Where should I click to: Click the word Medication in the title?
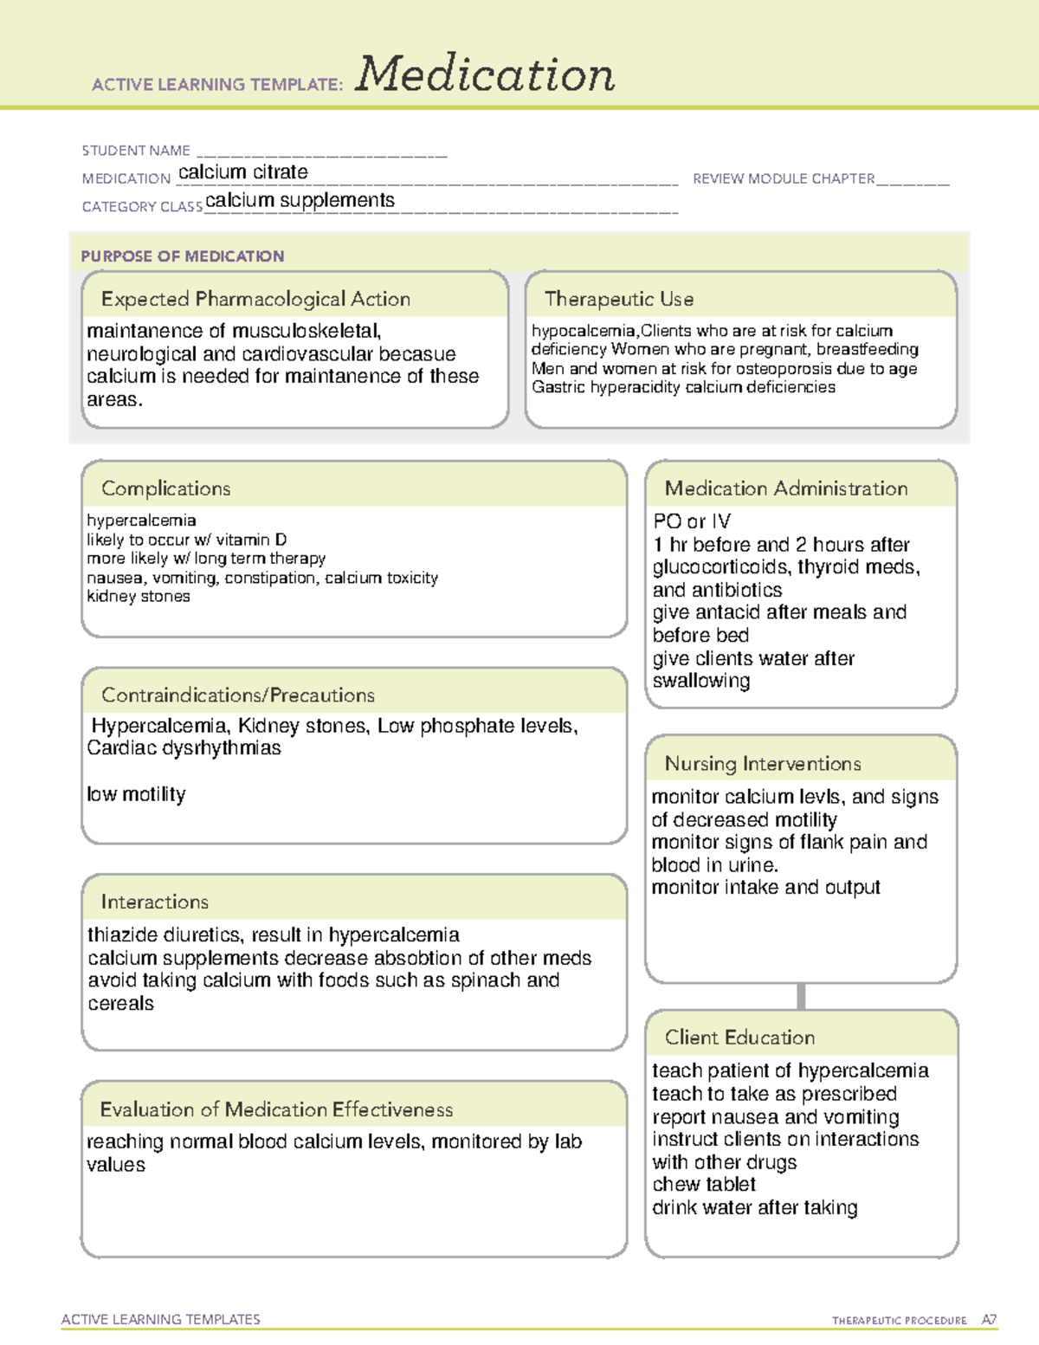(x=484, y=74)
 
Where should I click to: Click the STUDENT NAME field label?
(x=136, y=151)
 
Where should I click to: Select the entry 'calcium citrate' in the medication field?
(x=242, y=172)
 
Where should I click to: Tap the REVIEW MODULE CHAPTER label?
(x=784, y=178)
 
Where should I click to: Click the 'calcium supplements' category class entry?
(x=300, y=200)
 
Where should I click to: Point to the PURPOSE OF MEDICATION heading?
(x=183, y=256)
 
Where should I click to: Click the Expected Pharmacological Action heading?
(x=255, y=299)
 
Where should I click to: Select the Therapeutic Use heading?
(x=618, y=299)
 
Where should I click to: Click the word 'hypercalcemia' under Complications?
(x=141, y=521)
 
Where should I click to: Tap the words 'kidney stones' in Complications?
(x=139, y=596)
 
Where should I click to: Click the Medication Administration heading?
(x=785, y=488)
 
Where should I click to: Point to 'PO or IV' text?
(x=692, y=521)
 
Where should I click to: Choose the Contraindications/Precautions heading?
(x=238, y=695)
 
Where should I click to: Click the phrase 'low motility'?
(x=136, y=794)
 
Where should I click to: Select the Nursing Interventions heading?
(x=762, y=763)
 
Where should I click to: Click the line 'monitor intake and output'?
(x=765, y=887)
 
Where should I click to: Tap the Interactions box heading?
(x=154, y=902)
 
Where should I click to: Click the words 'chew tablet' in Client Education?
(x=704, y=1184)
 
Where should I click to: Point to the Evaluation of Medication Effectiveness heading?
(x=276, y=1109)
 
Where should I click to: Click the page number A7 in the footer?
(x=988, y=1320)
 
